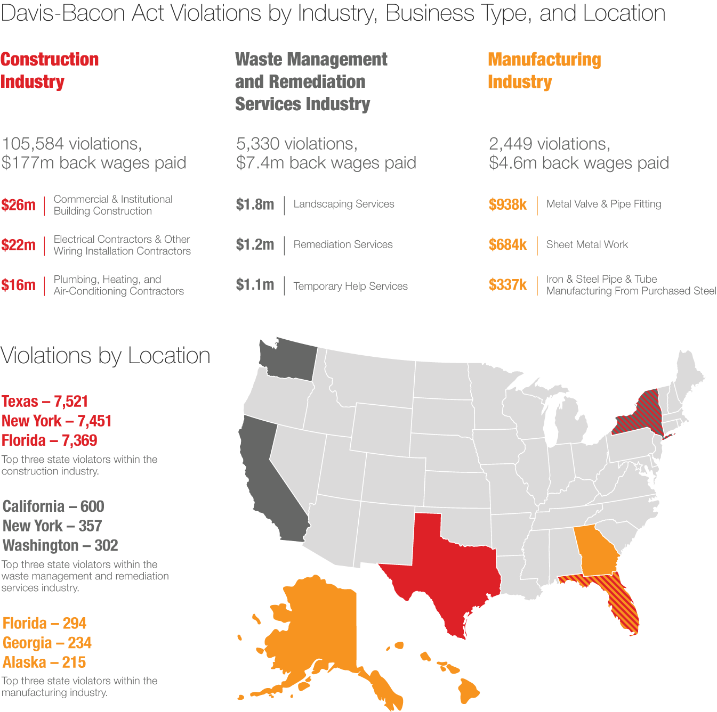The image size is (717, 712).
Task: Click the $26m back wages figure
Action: [x=18, y=205]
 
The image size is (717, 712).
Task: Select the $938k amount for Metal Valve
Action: [x=507, y=204]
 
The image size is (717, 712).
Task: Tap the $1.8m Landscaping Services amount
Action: [x=255, y=204]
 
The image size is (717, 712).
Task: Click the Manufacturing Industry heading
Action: [x=544, y=71]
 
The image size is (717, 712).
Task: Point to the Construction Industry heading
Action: [x=50, y=71]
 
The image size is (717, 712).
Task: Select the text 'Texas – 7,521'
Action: [x=45, y=402]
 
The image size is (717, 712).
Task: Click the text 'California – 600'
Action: [x=53, y=506]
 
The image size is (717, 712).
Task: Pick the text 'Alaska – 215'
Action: [x=44, y=662]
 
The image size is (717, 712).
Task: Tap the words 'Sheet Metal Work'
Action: [x=587, y=244]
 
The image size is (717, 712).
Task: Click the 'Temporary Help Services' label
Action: [x=350, y=286]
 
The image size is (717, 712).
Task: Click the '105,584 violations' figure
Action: [x=71, y=144]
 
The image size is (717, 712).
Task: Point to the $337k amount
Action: [x=507, y=285]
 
